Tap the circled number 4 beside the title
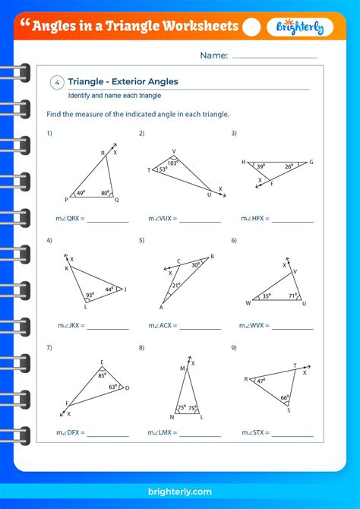click(57, 83)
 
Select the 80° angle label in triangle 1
click(106, 193)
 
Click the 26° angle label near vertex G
click(289, 167)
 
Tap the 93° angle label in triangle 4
click(89, 295)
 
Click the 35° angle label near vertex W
click(267, 297)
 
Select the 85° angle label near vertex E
click(103, 375)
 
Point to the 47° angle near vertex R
click(260, 381)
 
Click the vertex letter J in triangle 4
click(125, 289)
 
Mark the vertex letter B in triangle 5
click(212, 256)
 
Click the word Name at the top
click(213, 55)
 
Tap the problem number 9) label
click(234, 347)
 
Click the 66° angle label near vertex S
click(284, 398)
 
